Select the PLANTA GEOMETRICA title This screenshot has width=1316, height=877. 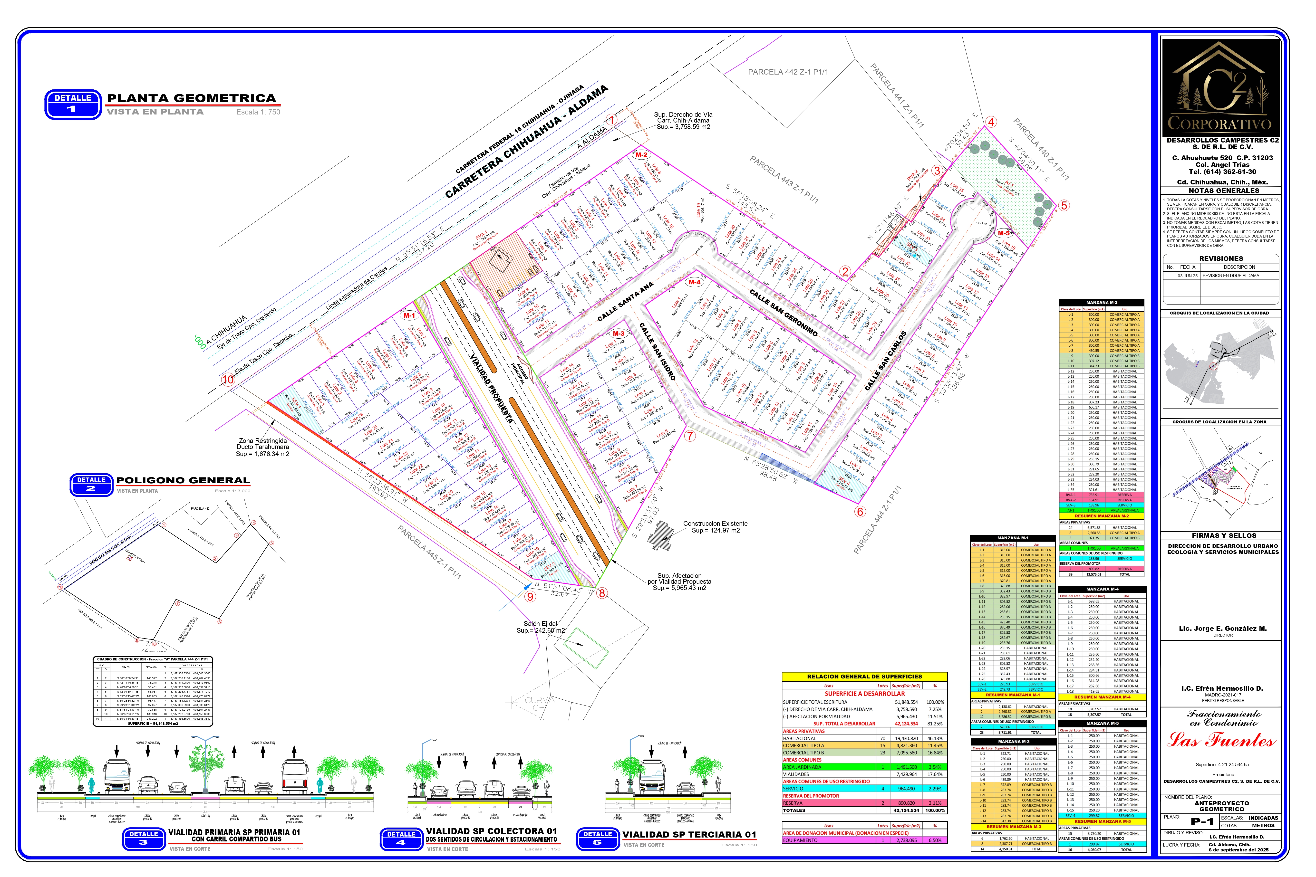[x=191, y=98]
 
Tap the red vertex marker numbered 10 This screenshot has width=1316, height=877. [x=228, y=379]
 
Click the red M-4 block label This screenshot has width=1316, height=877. [x=694, y=282]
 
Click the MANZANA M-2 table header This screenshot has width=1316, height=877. [x=1101, y=303]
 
